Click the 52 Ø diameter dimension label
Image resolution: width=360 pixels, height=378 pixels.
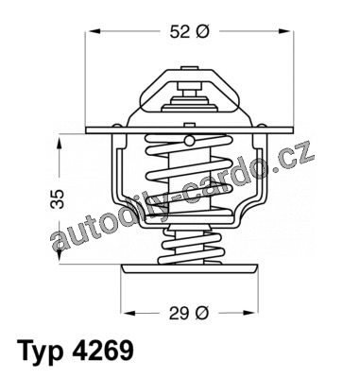point(189,31)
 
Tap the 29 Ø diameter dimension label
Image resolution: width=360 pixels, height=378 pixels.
point(189,313)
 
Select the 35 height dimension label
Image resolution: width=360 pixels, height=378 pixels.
point(58,199)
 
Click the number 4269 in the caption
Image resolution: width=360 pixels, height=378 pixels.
point(103,351)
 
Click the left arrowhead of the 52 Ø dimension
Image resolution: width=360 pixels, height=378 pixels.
point(94,31)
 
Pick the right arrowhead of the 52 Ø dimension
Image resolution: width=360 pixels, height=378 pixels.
point(284,31)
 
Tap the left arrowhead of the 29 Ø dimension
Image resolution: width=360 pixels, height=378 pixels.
point(129,313)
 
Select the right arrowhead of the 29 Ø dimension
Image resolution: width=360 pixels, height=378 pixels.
point(249,313)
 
